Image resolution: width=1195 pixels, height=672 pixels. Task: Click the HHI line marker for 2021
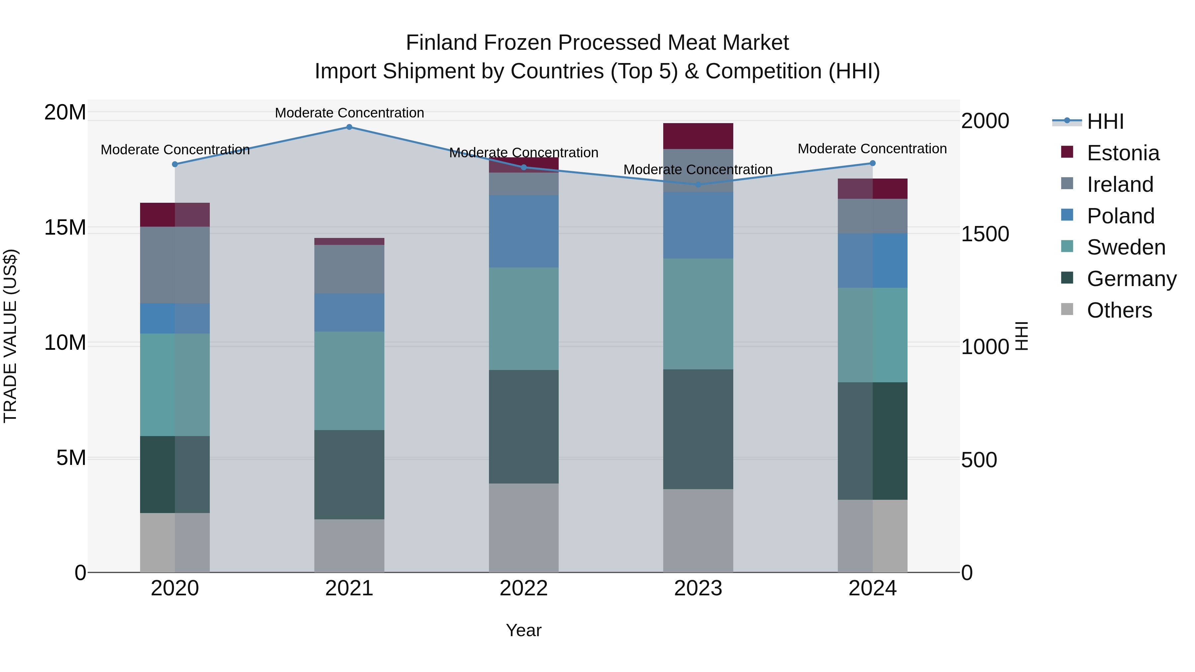click(x=349, y=127)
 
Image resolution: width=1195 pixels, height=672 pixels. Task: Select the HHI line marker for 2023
click(x=698, y=185)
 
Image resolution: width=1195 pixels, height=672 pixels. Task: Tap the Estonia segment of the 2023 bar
click(x=698, y=136)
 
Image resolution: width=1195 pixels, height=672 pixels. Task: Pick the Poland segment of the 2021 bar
click(x=349, y=312)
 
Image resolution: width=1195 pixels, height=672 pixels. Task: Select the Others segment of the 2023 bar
click(x=698, y=531)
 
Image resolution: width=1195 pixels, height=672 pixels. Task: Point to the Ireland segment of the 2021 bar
click(x=349, y=269)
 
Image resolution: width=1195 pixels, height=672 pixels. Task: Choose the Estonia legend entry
click(x=1123, y=153)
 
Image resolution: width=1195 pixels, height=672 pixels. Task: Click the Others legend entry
click(x=1119, y=310)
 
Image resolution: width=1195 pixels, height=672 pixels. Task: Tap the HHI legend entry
click(x=1105, y=121)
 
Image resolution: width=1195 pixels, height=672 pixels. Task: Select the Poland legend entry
click(x=1120, y=216)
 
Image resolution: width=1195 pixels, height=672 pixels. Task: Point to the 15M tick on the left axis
click(x=65, y=228)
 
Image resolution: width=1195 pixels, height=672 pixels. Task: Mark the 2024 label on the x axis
click(x=872, y=588)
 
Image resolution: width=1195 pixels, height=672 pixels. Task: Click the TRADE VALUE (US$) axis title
click(x=10, y=336)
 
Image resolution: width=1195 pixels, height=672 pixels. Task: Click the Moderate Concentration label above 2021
click(x=349, y=113)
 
